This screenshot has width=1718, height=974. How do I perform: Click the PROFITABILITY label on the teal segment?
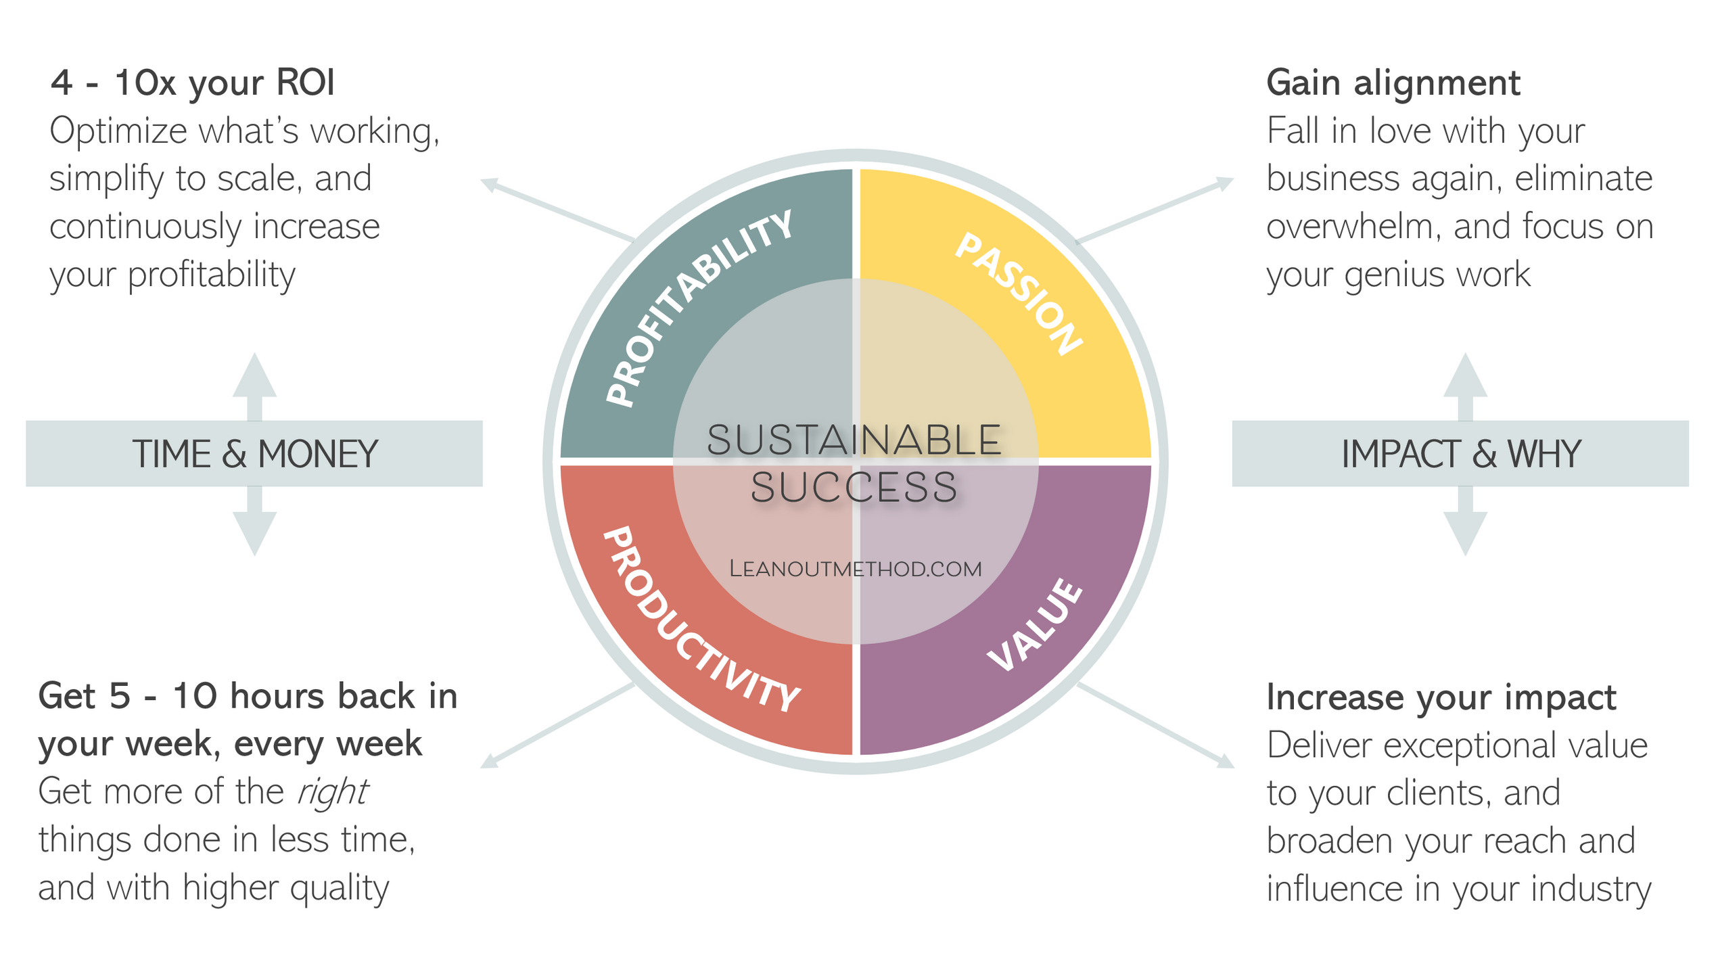pos(700,308)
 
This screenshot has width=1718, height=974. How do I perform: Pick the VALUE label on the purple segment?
pos(1036,625)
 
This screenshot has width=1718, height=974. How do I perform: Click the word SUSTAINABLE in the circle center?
pos(854,440)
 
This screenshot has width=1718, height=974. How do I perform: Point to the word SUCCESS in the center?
pos(854,488)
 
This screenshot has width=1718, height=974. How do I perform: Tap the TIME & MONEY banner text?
pos(254,454)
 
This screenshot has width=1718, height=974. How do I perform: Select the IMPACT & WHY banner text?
pos(1461,454)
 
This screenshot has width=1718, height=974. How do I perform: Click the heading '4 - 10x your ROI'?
pos(193,83)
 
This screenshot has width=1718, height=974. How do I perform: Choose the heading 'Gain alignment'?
pos(1393,83)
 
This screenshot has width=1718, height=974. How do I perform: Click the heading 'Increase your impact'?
pos(1441,697)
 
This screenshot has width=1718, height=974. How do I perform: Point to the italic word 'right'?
pos(333,792)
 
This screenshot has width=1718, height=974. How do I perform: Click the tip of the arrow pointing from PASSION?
pos(1230,181)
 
